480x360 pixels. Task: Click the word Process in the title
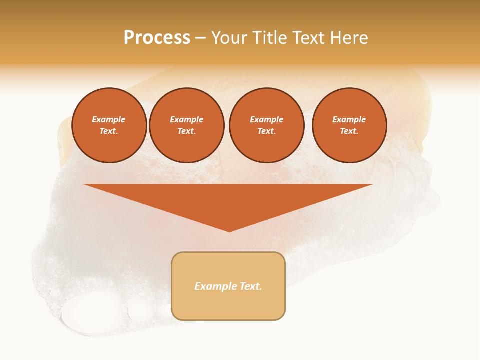(x=157, y=38)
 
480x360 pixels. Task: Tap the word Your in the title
(x=229, y=38)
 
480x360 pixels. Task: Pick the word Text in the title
(x=307, y=38)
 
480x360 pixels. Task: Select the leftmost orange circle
(x=109, y=125)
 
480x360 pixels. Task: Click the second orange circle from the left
(x=187, y=125)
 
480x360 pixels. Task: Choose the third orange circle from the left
(x=267, y=125)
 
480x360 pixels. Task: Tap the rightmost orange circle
(x=349, y=125)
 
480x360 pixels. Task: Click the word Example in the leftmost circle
(x=109, y=119)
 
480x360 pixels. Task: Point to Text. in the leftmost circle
(x=109, y=131)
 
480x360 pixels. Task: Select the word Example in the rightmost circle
(x=349, y=119)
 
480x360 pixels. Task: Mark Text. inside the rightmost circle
(x=349, y=131)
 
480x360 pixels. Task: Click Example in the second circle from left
(x=186, y=119)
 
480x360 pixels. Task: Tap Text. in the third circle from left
(x=266, y=131)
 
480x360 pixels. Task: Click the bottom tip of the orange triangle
(x=229, y=231)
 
